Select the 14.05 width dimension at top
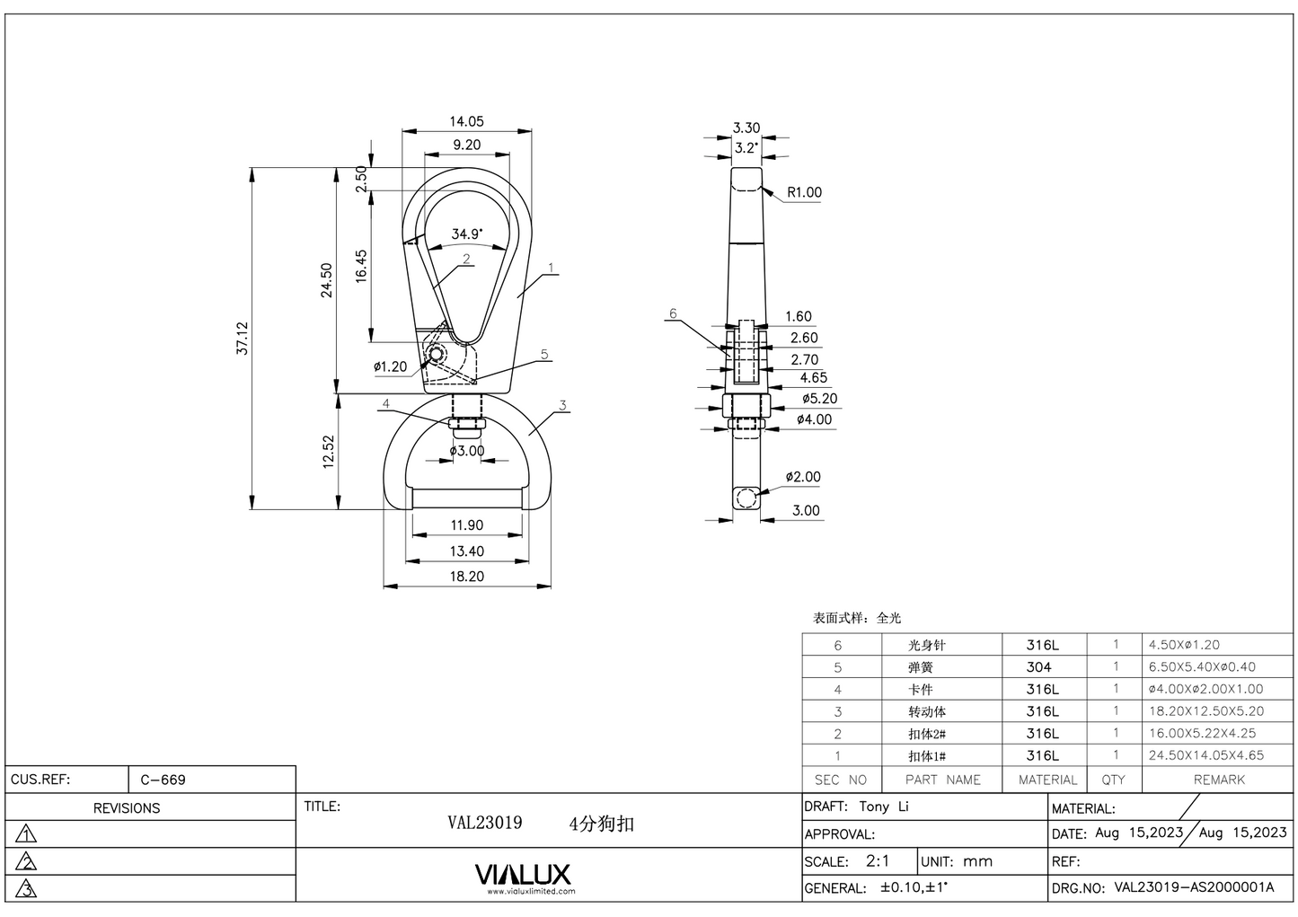pos(466,121)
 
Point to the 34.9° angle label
pos(466,234)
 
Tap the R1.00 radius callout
pos(804,192)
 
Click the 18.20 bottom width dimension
pos(466,577)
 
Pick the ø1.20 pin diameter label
pos(390,366)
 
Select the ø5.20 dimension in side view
pos(818,399)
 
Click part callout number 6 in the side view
pos(673,313)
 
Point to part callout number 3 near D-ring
pos(563,405)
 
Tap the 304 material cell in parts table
pos(1038,667)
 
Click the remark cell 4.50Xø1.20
pos(1184,645)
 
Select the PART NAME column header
pos(942,780)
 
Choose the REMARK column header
pos(1218,780)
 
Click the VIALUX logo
pos(522,875)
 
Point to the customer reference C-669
pos(163,780)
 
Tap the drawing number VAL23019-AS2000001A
pos(1193,887)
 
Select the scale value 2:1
pos(878,860)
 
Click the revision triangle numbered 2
pos(28,862)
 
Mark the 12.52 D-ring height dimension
pos(329,452)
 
